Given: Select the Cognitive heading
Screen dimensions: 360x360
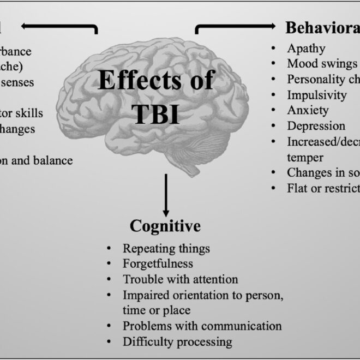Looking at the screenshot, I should (x=165, y=226).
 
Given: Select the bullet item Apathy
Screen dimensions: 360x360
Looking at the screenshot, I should (x=306, y=48).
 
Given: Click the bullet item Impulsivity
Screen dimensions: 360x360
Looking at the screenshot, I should (x=316, y=95).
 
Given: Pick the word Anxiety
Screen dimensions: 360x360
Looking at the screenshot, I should (x=308, y=110).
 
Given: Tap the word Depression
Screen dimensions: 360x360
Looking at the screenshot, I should (x=316, y=126).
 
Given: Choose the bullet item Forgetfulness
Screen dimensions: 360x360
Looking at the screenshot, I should (x=158, y=264).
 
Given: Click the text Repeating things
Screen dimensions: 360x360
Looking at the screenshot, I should (x=166, y=248).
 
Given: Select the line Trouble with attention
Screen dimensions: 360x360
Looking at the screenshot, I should (x=180, y=279).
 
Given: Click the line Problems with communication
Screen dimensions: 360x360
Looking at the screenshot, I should (x=202, y=326).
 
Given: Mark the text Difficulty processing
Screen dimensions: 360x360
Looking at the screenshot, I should (x=177, y=342).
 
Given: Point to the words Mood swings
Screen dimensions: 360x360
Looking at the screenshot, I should (x=322, y=63).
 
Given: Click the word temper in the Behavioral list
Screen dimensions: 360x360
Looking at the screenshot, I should (x=305, y=157).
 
